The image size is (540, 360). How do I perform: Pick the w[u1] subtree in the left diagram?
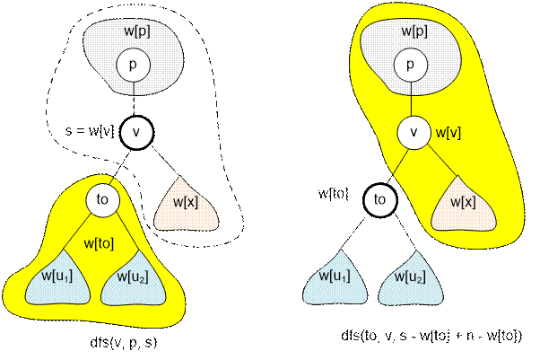pyautogui.click(x=52, y=282)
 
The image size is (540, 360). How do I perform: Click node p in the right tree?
pyautogui.click(x=409, y=65)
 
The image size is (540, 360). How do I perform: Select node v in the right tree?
pyautogui.click(x=414, y=132)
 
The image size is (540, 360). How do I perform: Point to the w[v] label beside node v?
pyautogui.click(x=448, y=132)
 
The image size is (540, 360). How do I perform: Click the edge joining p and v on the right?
pyautogui.click(x=412, y=98)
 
